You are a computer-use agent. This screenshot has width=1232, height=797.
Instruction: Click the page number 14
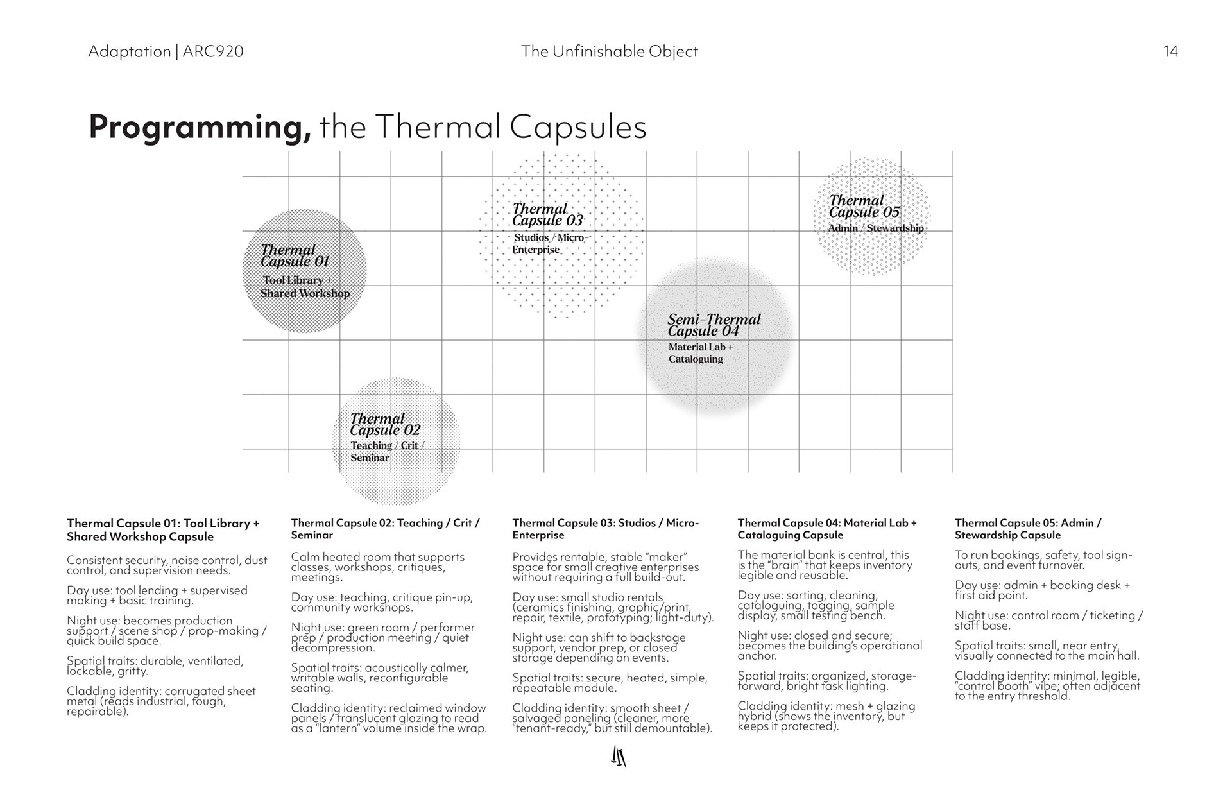click(x=1170, y=51)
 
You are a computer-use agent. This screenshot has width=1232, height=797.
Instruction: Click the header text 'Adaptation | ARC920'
click(x=166, y=51)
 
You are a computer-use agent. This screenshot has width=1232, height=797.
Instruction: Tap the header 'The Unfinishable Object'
click(x=609, y=51)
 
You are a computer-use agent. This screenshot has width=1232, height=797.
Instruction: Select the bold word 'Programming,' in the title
click(x=200, y=126)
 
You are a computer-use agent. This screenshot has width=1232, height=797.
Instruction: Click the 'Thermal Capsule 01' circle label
click(x=295, y=255)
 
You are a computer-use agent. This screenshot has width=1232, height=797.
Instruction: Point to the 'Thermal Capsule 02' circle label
click(x=384, y=424)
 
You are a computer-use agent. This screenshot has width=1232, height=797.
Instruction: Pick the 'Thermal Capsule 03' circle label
click(x=547, y=214)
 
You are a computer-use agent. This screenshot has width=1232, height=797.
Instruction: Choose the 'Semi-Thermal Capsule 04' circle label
click(x=713, y=325)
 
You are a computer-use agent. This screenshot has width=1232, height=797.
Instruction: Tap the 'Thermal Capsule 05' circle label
click(x=864, y=206)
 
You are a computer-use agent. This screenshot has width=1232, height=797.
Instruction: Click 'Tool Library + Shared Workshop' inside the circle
click(x=305, y=287)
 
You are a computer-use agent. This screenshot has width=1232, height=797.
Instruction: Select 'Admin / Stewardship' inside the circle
click(x=875, y=228)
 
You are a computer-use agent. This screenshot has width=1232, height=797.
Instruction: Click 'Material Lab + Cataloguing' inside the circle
click(x=699, y=353)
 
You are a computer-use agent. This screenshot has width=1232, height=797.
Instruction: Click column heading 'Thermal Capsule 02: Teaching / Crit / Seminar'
click(x=385, y=529)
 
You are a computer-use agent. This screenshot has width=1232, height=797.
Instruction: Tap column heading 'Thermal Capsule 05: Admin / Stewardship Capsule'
click(x=1027, y=529)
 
